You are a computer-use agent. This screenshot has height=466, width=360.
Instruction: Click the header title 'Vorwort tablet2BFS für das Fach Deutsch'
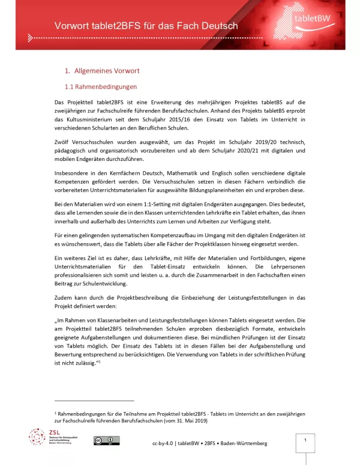(137, 26)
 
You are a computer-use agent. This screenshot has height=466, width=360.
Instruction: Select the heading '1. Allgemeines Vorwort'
(101, 70)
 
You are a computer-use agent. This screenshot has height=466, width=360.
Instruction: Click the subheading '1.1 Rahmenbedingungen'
(101, 86)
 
